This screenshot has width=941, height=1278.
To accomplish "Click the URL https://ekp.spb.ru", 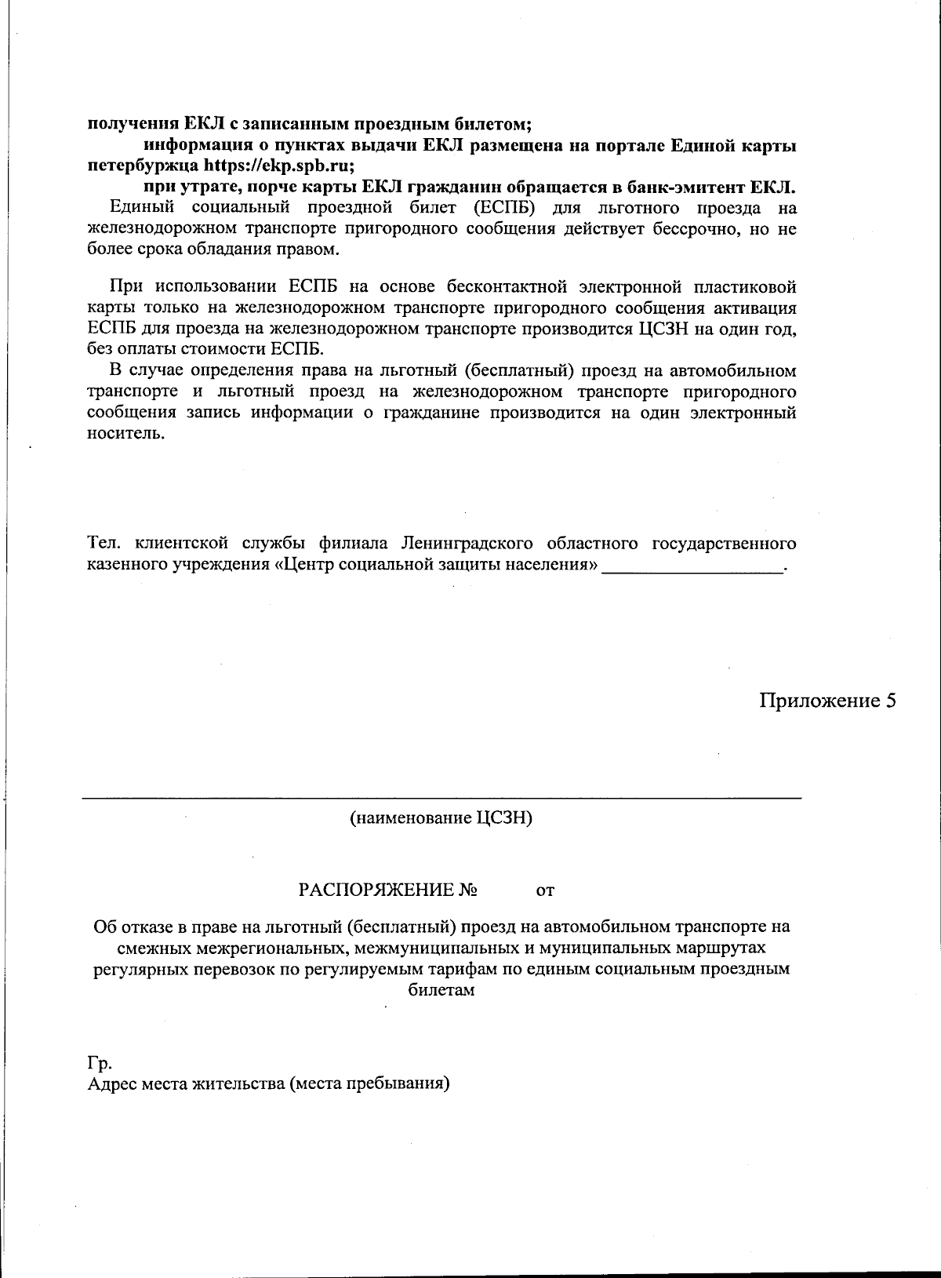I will pyautogui.click(x=278, y=166).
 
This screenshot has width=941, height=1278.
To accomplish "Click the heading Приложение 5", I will pyautogui.click(x=827, y=701).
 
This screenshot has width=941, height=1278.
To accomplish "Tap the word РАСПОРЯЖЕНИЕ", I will pyautogui.click(x=377, y=890).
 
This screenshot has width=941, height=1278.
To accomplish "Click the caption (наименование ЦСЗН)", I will pyautogui.click(x=441, y=818).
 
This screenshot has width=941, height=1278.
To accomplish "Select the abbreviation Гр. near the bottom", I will pyautogui.click(x=99, y=1064).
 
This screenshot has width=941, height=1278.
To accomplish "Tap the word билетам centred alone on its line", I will pyautogui.click(x=441, y=989).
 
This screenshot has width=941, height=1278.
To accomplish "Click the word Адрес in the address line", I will pyautogui.click(x=111, y=1085).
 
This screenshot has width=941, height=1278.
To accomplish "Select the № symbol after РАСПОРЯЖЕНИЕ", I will pyautogui.click(x=469, y=890).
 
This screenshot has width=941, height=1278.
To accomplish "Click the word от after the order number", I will pyautogui.click(x=545, y=891).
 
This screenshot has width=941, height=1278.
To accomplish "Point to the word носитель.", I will pyautogui.click(x=125, y=434).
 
